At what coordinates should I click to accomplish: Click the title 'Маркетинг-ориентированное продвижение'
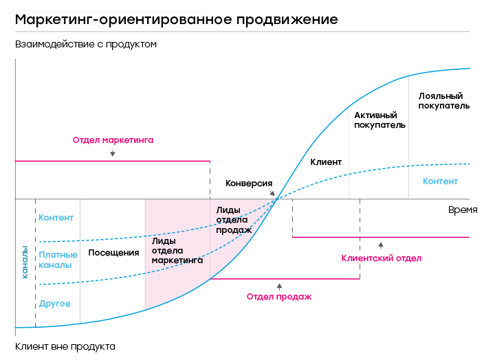point(177,19)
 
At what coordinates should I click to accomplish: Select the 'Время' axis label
point(463,210)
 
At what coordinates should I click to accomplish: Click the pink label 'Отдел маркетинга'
point(113,139)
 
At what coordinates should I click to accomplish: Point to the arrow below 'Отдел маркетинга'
point(112,153)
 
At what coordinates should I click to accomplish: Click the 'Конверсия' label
point(249,183)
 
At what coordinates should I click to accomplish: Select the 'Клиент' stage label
point(326,162)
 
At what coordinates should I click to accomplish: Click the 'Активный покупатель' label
point(379,120)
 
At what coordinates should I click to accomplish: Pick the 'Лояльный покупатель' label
point(443,101)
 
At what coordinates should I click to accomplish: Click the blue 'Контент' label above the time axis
point(440,181)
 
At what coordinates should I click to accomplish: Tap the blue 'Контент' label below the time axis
point(56,218)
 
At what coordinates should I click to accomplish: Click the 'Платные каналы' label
point(58,260)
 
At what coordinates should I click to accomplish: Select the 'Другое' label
point(55,304)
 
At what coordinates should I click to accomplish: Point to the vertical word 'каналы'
point(25,262)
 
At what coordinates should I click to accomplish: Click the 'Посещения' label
point(113,253)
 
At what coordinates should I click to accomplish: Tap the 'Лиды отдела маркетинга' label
point(177,251)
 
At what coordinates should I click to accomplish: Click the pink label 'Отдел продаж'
point(279,297)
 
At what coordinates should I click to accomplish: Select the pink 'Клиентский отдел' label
point(381,258)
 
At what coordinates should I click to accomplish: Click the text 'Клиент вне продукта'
point(65,347)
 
